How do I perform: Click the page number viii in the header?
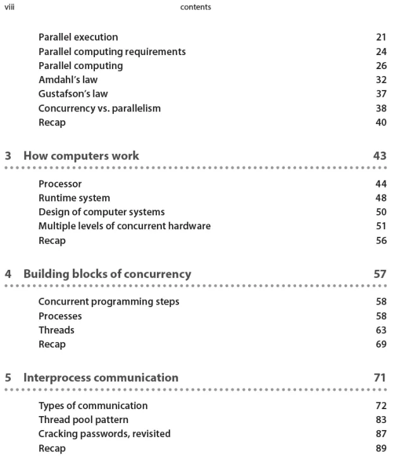9,7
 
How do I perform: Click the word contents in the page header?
196,8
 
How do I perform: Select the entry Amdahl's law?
68,80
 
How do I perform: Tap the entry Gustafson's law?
73,94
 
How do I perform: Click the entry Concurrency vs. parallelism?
99,108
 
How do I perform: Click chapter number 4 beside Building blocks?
8,274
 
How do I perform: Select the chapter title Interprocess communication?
101,378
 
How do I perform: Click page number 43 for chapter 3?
380,156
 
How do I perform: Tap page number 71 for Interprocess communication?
380,378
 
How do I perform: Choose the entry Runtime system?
74,198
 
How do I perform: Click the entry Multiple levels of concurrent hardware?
124,226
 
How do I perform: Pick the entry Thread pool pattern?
83,420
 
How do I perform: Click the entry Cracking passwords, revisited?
104,434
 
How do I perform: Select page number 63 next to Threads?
380,330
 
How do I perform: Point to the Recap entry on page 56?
52,241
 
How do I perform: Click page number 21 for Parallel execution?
381,37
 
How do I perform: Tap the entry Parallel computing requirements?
112,51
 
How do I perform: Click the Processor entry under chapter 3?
60,184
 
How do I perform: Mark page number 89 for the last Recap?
380,448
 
